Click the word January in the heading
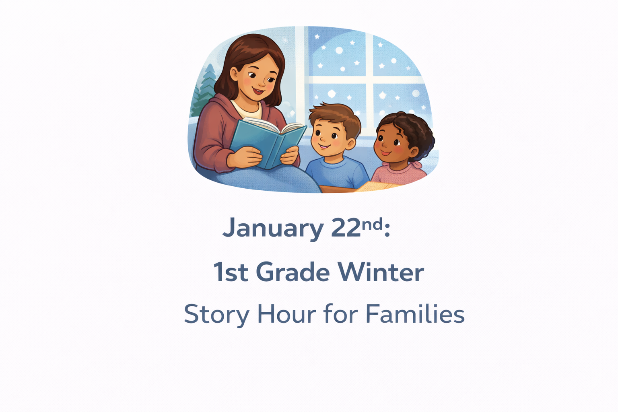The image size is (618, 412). [273, 229]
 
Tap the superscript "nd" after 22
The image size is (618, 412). [372, 225]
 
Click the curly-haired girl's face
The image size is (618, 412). [392, 144]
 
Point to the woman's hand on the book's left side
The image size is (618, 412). [244, 157]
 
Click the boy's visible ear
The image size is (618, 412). [351, 144]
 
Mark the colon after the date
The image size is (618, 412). [387, 229]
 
